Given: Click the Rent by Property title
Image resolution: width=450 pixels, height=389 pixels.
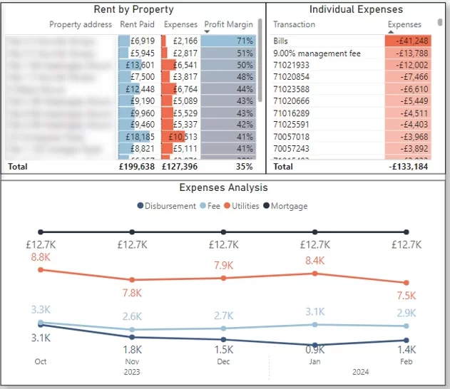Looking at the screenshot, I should point(134,9).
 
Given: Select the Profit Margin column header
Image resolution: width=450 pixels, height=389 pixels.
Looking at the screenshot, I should point(228,24).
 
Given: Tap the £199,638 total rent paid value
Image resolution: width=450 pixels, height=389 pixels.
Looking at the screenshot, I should point(135,166).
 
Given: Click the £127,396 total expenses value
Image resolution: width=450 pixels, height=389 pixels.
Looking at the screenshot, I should point(178,166).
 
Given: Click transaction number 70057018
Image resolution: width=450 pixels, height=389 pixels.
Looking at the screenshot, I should point(291,137).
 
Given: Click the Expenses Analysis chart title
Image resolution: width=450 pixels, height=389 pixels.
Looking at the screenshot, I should point(223,187).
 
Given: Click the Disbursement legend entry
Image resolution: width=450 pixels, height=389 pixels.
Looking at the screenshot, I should point(168,206).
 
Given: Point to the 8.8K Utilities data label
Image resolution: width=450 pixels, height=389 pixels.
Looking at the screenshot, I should point(40,256).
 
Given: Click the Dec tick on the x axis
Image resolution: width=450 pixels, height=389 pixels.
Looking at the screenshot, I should point(224,361).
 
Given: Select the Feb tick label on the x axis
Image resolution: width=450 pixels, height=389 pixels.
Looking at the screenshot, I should point(406,361).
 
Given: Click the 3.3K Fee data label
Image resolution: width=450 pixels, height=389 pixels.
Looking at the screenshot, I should point(40,309).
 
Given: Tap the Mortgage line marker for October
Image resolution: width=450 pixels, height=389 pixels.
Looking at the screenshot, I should point(41,232).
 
